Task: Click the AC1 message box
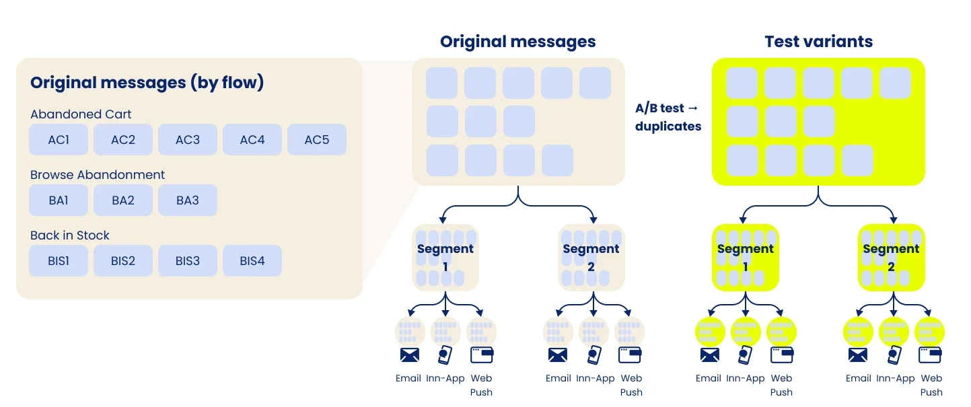point(59,140)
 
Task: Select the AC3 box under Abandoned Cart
point(188,140)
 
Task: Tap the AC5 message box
point(317,140)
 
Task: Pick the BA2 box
point(123,200)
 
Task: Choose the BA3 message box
point(188,200)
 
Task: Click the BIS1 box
point(59,261)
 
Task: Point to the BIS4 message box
point(252,261)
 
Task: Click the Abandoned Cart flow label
point(81,114)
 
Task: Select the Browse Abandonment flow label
point(98,175)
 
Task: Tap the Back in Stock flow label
point(70,235)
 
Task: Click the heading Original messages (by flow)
point(147,83)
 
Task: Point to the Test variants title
point(818,42)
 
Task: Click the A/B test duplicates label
point(668,117)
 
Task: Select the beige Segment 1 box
point(445,258)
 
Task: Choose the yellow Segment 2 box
point(891,258)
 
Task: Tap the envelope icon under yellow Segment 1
point(709,355)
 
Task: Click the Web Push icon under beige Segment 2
point(631,354)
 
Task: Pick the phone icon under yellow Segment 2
point(894,355)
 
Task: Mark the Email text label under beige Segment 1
point(408,378)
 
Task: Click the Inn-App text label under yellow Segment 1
point(746,378)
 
